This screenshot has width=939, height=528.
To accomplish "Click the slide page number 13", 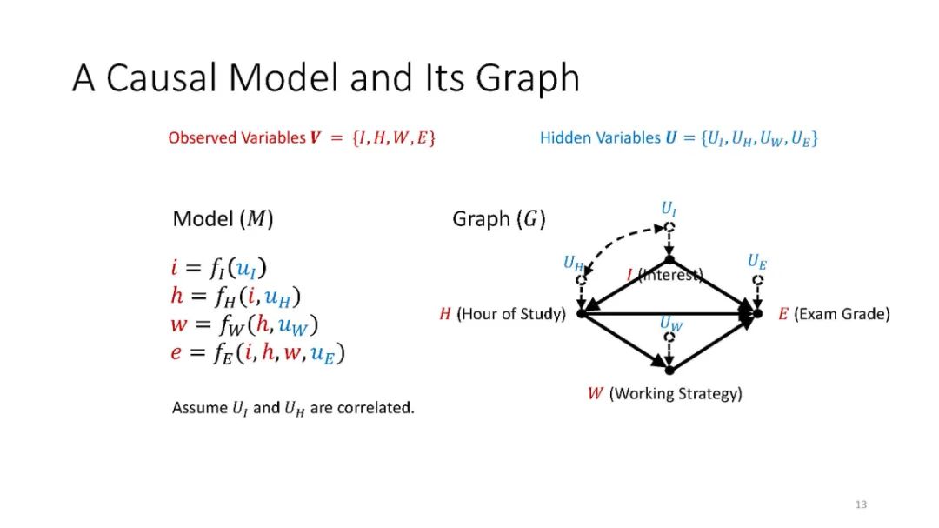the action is (862, 505).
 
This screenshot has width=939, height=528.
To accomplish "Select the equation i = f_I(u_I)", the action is (224, 268).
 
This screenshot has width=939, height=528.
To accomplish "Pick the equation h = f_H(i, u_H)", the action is (236, 297).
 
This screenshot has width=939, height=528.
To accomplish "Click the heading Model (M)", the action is (223, 219).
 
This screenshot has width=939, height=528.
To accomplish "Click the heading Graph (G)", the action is (499, 219).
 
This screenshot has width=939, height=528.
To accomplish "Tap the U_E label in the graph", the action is (757, 261).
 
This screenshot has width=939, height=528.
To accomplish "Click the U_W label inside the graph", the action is (670, 324).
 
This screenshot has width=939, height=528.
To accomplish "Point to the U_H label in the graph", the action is (573, 262).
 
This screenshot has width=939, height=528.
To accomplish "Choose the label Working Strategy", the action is (676, 394).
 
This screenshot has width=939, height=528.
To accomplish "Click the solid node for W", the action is (669, 371).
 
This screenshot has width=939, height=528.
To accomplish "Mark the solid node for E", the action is (758, 313).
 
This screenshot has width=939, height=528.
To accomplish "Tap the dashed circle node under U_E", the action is (758, 280).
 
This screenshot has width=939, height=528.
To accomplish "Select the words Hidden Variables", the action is (589, 137).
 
